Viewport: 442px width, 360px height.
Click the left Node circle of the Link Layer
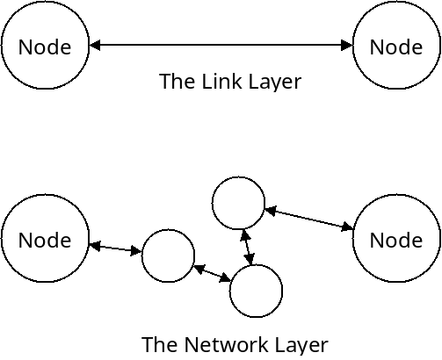[45, 46]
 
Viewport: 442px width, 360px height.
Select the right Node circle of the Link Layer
[396, 46]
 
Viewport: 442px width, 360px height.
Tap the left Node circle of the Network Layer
[45, 239]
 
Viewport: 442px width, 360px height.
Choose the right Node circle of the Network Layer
[396, 239]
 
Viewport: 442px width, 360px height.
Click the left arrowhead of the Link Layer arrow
[95, 46]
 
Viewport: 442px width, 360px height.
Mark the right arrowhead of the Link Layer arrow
[346, 46]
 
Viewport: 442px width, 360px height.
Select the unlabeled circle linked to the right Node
[238, 204]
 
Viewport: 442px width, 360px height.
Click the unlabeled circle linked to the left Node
[168, 256]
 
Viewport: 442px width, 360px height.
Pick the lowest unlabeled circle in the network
[256, 291]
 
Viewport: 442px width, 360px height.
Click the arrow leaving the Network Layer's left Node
[115, 249]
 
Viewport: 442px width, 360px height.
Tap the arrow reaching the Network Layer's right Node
[308, 219]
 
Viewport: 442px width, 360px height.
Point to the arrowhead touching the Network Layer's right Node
[348, 227]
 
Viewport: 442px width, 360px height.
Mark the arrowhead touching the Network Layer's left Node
[94, 246]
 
